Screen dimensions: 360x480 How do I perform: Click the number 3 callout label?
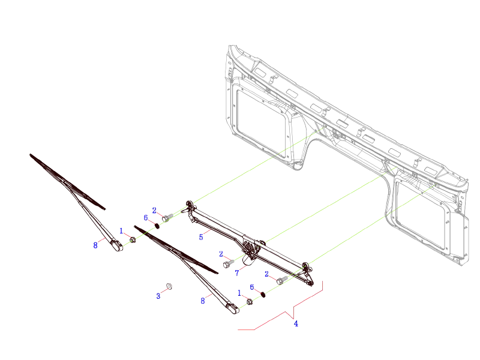(158, 296)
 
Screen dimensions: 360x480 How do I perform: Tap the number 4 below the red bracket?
(296, 323)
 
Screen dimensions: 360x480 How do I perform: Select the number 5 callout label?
(202, 237)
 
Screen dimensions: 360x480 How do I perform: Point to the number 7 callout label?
(237, 272)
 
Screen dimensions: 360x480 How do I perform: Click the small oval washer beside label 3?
(169, 286)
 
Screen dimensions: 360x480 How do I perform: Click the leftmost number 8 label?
(95, 245)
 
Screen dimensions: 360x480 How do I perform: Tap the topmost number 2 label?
(154, 211)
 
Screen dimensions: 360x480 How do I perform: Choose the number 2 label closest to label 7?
(221, 254)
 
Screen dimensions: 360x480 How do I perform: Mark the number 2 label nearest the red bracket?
(266, 274)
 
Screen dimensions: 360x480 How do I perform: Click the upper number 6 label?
(146, 218)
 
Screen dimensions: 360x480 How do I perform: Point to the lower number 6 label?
(252, 287)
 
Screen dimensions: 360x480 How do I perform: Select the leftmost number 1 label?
(121, 230)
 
